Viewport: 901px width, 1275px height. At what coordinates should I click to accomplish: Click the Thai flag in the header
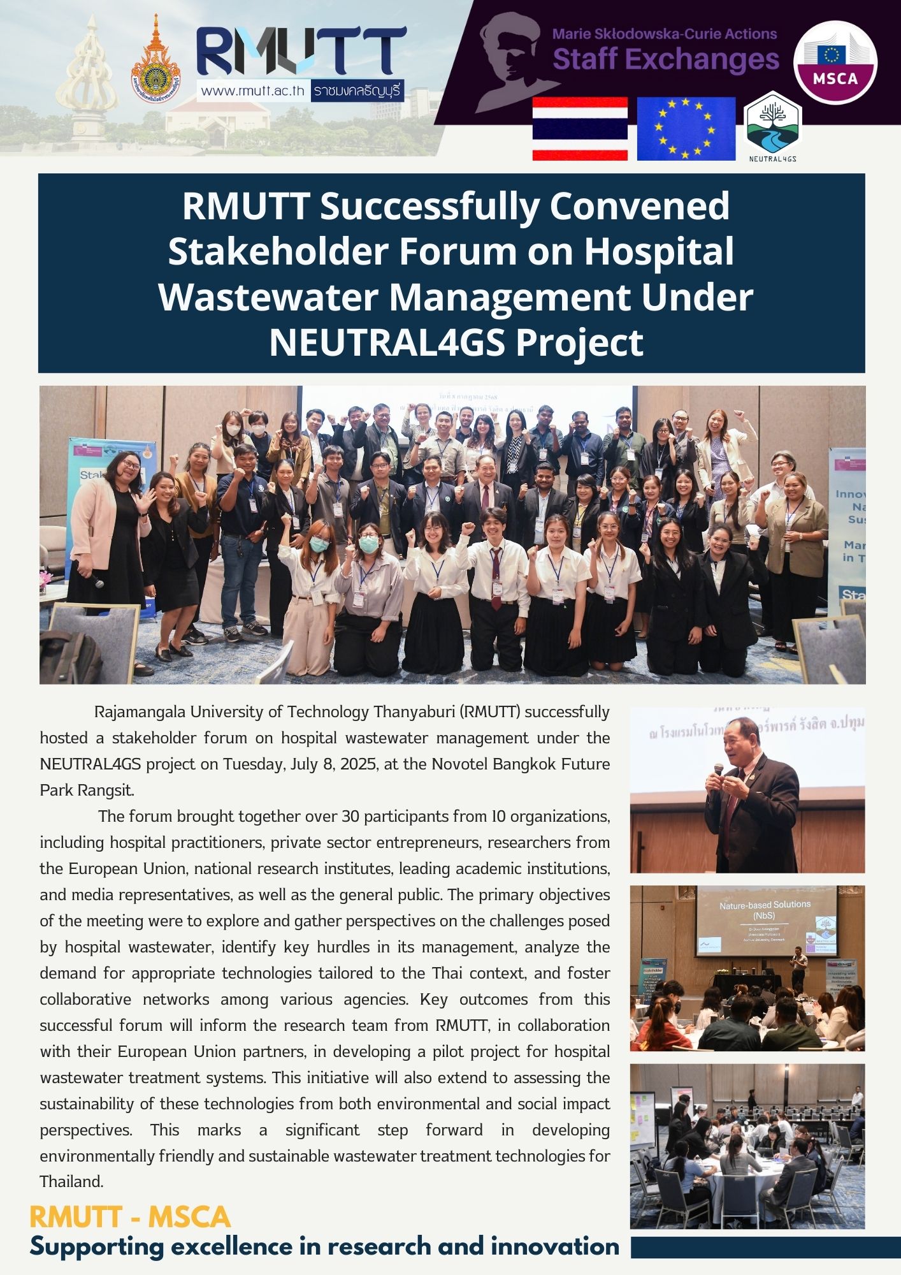[x=580, y=128]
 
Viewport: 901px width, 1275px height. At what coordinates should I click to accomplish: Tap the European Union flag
[x=686, y=128]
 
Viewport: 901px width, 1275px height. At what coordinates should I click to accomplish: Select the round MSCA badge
[x=835, y=62]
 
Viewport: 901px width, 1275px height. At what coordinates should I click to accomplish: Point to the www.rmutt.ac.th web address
[x=252, y=91]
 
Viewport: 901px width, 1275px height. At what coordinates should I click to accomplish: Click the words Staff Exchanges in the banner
[x=665, y=60]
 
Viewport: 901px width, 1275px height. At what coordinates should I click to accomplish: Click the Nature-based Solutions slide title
[x=765, y=905]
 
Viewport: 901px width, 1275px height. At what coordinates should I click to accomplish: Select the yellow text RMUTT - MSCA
[x=130, y=1217]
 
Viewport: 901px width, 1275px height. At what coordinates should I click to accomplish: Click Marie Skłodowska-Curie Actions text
[x=664, y=34]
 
